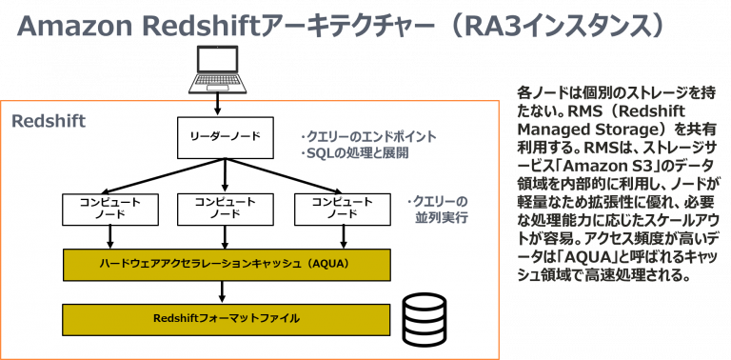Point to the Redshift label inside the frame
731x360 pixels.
tap(48, 122)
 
